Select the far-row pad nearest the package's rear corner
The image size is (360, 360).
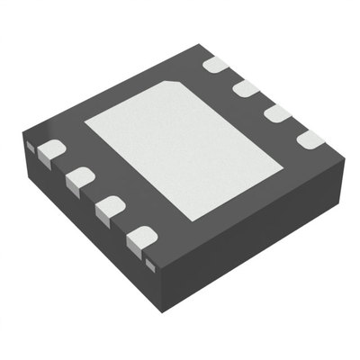click(x=214, y=65)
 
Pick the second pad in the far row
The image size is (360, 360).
click(x=246, y=88)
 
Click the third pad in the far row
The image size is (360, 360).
click(x=277, y=113)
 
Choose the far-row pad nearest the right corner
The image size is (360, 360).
click(x=309, y=139)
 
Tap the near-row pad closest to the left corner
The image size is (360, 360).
click(x=50, y=150)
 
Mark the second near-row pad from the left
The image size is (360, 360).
click(x=80, y=178)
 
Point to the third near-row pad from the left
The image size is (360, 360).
click(x=110, y=208)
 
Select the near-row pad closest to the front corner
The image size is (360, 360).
click(x=141, y=239)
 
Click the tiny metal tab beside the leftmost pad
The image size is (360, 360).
click(x=30, y=144)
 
